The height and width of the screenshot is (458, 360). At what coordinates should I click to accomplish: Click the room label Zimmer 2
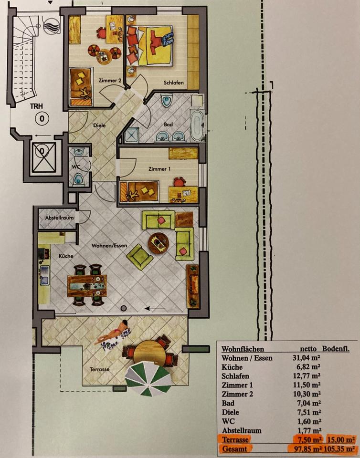click(110, 80)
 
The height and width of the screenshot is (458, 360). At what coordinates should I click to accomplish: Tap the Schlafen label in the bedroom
click(174, 83)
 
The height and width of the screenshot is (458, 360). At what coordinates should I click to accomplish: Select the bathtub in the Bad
click(197, 125)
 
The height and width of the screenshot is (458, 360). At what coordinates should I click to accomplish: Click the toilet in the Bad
click(167, 101)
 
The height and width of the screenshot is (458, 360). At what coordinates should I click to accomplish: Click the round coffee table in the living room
click(159, 243)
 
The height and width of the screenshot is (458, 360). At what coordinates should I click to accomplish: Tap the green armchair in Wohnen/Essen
click(139, 257)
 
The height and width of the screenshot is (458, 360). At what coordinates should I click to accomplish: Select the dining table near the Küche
click(87, 286)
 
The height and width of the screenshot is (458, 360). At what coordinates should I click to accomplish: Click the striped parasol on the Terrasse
click(148, 378)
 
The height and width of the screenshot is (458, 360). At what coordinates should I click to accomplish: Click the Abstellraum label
click(59, 218)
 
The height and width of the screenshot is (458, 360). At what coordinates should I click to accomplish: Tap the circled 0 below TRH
click(42, 119)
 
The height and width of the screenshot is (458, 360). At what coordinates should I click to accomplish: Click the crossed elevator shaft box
click(44, 157)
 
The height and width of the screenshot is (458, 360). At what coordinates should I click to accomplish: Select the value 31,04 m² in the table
click(306, 358)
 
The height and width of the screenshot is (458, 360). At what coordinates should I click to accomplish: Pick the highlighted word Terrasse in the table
click(235, 439)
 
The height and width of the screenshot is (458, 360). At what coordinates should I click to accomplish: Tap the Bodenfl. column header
click(336, 348)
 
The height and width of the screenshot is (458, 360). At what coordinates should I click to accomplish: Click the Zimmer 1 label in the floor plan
click(159, 169)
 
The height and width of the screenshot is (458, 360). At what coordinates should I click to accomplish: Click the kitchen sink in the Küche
click(44, 275)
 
